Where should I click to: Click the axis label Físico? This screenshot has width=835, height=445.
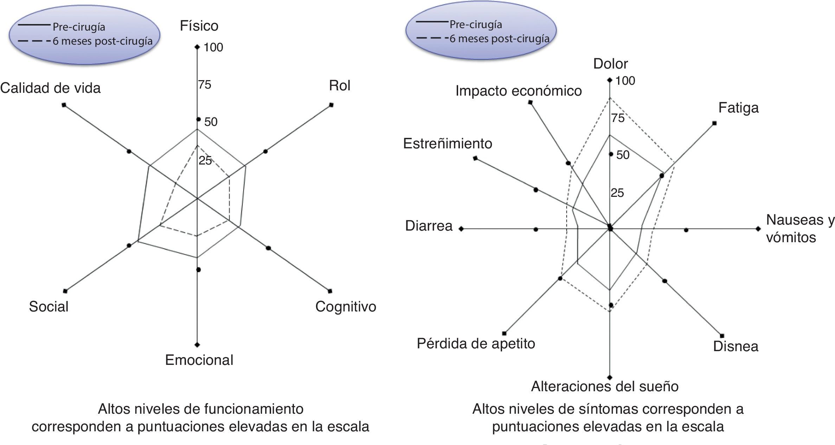199,26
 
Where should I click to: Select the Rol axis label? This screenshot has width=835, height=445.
340,86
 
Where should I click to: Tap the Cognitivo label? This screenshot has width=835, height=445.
346,307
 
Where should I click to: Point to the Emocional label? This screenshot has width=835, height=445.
199,360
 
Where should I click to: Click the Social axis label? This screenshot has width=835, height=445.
49,307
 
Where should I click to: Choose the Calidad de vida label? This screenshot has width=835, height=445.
50,88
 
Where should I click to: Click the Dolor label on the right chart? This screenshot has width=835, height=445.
610,64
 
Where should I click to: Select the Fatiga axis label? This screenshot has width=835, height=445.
738,108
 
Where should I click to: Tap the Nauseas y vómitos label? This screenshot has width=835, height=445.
800,228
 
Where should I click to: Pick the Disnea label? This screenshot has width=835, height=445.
736,347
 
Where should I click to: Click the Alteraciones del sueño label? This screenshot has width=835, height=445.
605,387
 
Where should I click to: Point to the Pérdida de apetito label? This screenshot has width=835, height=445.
476,343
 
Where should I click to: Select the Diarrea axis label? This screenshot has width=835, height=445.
429,226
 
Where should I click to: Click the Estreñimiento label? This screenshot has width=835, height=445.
448,144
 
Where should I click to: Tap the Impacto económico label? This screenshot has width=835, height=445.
519,91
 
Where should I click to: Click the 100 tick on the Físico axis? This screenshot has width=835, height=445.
213,47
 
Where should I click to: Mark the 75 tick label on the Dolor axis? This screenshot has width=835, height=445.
618,118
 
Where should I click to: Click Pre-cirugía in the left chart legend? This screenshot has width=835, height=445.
79,27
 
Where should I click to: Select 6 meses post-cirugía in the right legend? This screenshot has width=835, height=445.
499,39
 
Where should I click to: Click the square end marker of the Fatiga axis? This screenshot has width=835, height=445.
714,123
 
